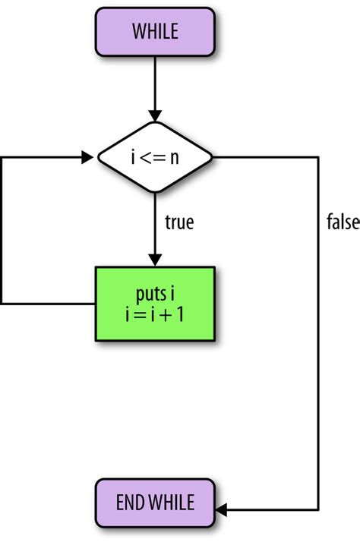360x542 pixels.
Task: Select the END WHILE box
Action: click(155, 502)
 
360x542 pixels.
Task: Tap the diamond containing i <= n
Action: click(155, 159)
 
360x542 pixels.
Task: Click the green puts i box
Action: click(155, 303)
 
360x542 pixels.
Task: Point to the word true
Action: click(179, 222)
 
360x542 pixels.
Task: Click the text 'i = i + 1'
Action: click(155, 314)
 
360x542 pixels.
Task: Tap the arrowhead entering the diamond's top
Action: click(155, 115)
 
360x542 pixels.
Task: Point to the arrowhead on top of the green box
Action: click(155, 260)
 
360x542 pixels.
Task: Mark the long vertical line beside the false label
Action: click(317, 342)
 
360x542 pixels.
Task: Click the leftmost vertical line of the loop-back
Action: click(2, 232)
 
